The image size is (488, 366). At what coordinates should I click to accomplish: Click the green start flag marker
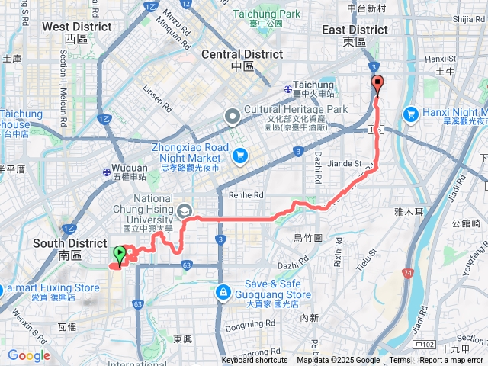tap(120, 255)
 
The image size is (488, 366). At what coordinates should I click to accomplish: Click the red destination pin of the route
tap(377, 85)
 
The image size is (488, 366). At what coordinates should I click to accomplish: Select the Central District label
tap(242, 55)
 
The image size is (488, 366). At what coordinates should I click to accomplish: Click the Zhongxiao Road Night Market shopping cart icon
tap(240, 156)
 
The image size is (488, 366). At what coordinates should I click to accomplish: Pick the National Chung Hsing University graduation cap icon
tap(184, 210)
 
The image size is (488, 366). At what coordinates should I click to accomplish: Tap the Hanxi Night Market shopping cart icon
tap(411, 114)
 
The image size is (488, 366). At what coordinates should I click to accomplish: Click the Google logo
tap(28, 355)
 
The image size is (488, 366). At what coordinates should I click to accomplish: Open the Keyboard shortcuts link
tap(255, 361)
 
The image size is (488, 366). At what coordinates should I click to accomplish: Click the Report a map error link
tap(451, 361)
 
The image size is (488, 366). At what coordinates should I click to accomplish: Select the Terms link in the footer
tap(400, 361)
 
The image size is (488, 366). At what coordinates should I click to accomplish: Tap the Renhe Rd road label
tap(246, 194)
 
